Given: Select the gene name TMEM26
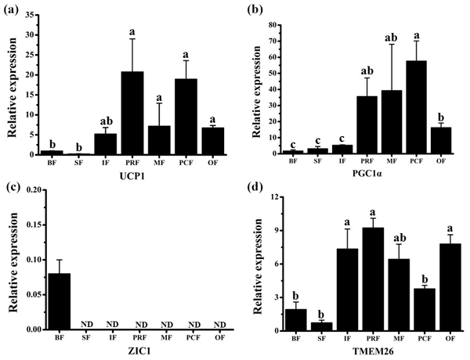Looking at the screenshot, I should [x=357, y=351].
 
